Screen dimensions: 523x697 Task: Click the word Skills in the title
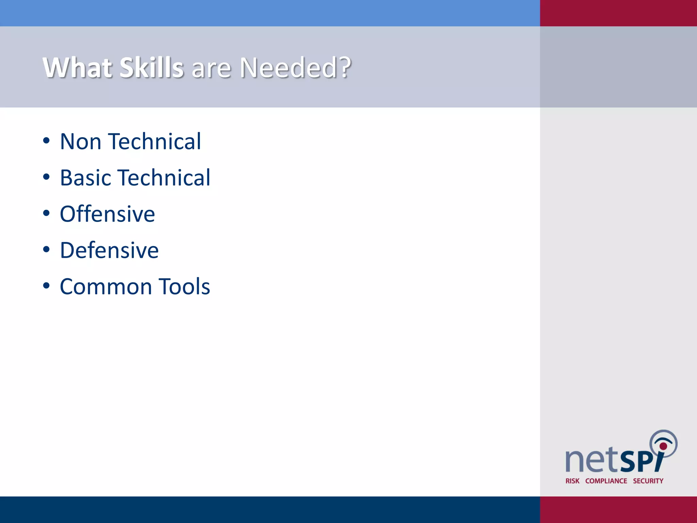coord(151,67)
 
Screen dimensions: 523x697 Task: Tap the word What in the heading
coord(77,67)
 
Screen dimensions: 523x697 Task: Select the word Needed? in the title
coord(295,67)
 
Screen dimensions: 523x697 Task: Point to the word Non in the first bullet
coord(81,141)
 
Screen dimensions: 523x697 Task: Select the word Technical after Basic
coord(165,178)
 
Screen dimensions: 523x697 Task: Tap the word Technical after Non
coord(155,141)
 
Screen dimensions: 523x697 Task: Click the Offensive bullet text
coord(107,214)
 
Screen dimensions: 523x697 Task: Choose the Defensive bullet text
coord(109,250)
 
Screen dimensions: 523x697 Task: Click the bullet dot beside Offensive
coord(47,213)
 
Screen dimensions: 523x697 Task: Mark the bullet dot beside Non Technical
coord(47,141)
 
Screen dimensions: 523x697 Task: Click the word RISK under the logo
coord(572,481)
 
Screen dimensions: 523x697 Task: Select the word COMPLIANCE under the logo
coord(606,481)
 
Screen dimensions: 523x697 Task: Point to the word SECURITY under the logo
coord(648,481)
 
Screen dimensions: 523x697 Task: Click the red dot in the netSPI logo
coord(663,446)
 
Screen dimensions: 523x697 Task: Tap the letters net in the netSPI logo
coord(591,460)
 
